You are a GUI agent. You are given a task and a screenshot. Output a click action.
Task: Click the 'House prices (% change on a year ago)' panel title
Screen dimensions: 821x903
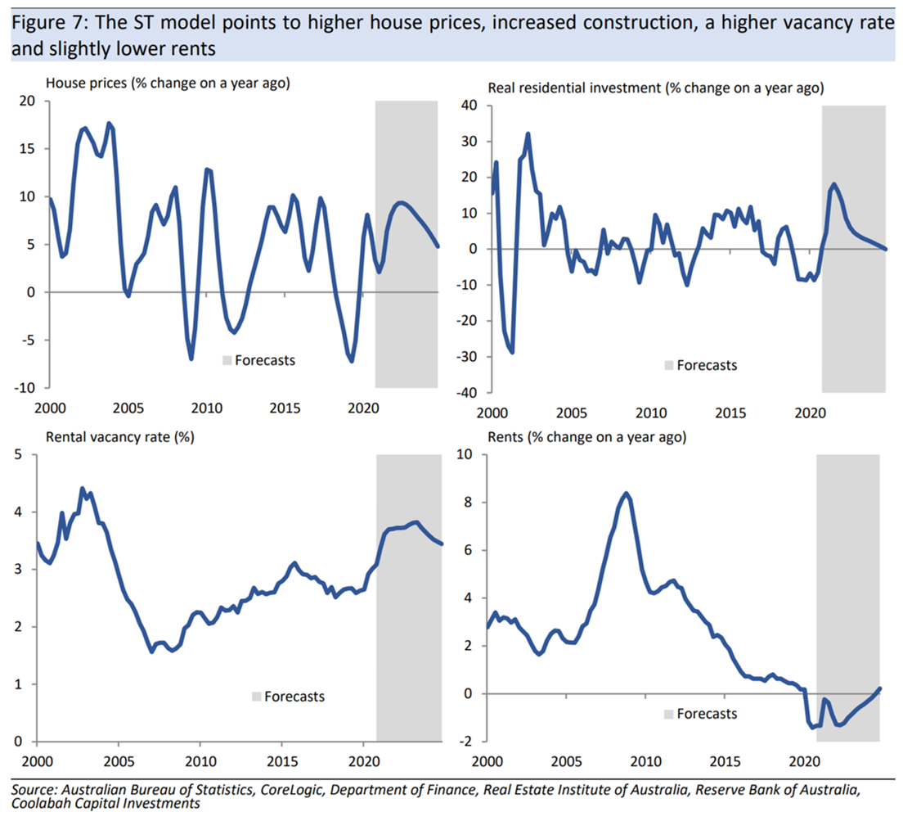point(168,83)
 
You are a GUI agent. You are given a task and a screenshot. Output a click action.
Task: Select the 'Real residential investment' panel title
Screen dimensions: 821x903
point(654,88)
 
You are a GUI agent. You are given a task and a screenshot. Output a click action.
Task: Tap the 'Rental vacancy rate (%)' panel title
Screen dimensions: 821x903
point(120,437)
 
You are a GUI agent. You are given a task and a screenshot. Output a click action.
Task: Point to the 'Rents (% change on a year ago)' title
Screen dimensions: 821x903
point(586,437)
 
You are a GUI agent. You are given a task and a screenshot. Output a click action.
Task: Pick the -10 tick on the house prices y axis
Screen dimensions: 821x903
point(26,387)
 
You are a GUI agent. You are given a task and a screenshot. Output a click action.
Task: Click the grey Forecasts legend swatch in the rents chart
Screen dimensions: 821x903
point(668,714)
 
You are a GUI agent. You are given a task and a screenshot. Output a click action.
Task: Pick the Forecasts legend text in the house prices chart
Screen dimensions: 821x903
point(265,360)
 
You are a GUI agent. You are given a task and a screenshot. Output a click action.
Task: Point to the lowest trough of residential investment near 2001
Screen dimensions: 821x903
point(512,351)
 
